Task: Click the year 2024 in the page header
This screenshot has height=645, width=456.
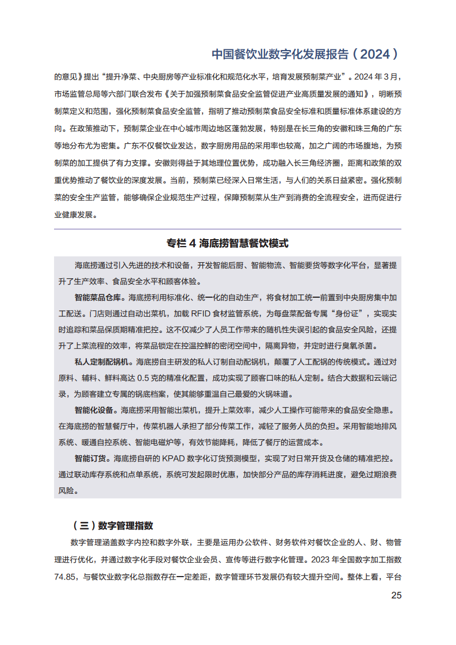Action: click(x=373, y=55)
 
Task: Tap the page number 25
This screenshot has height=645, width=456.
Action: click(x=396, y=596)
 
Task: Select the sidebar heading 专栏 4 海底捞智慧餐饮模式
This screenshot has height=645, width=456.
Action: click(x=228, y=243)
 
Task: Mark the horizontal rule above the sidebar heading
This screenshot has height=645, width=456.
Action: click(x=228, y=229)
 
